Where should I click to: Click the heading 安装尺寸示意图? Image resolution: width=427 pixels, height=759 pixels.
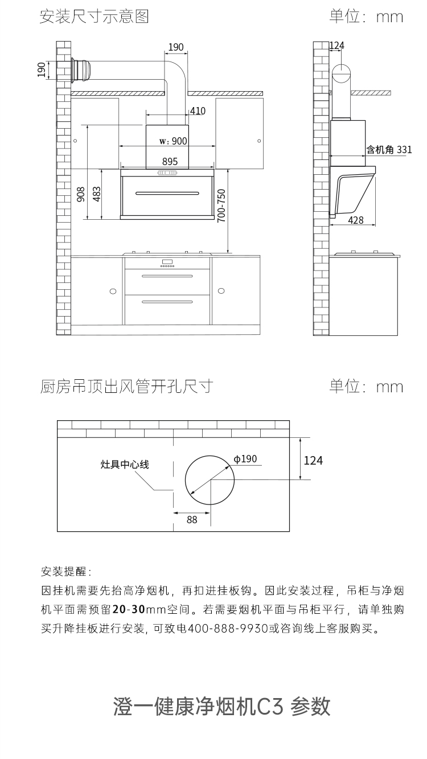tap(94, 17)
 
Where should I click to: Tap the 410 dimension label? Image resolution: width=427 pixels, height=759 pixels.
tap(198, 111)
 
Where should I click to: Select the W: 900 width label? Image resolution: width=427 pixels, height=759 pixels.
tap(173, 141)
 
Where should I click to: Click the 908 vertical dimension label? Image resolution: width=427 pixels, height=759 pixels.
tap(81, 194)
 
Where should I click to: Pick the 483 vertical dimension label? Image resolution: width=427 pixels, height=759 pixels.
tap(97, 194)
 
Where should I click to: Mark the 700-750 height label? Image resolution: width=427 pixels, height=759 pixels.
tap(221, 205)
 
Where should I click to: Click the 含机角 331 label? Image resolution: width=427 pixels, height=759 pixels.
tap(389, 150)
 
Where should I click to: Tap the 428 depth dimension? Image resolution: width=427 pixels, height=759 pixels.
tap(356, 220)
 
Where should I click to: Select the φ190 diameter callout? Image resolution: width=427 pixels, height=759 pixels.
tap(245, 459)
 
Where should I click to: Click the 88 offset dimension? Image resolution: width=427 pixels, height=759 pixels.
tap(192, 519)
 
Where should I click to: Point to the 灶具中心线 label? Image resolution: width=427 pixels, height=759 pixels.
tap(125, 465)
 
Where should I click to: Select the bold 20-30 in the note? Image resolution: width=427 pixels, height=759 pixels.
tap(129, 609)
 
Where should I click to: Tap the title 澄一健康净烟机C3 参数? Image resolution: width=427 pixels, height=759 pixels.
tap(222, 706)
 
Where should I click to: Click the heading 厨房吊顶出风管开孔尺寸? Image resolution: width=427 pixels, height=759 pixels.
tap(126, 387)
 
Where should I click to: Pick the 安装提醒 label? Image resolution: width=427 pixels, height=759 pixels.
tap(65, 571)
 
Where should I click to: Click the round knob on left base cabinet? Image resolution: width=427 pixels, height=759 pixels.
tap(113, 291)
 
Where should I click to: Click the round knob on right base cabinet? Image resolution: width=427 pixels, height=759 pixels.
tap(221, 291)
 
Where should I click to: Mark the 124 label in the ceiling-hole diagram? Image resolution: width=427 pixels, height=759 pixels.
tap(313, 460)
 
